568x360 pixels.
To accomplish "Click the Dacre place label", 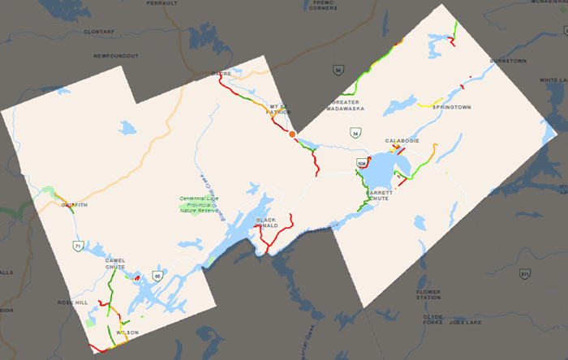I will [x=222, y=74].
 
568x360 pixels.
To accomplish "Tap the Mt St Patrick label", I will [x=279, y=109].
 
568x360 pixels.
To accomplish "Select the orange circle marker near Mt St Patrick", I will [x=292, y=133].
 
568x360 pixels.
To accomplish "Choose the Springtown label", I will [x=451, y=107].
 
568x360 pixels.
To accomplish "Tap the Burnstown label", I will [x=508, y=61].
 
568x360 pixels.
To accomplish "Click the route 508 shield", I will [x=360, y=164].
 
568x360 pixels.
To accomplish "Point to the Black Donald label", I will [x=266, y=223].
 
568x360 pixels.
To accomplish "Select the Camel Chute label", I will [x=114, y=263].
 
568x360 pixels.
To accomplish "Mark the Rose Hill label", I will [x=71, y=302].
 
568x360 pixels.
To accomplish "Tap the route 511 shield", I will [x=525, y=273].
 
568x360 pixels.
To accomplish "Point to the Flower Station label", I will [x=428, y=294].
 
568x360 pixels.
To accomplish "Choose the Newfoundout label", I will [x=115, y=56].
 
